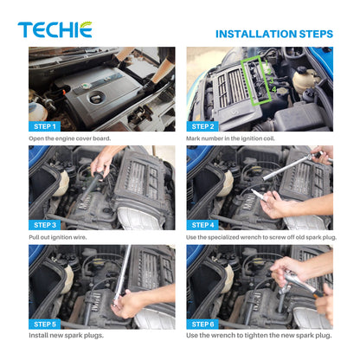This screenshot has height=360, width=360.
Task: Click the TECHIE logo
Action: (55, 29)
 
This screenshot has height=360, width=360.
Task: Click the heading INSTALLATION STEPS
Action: (274, 34)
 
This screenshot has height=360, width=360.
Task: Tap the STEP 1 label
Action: (45, 126)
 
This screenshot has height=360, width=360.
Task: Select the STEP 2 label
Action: (202, 126)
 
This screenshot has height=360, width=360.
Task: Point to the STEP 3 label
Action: (45, 225)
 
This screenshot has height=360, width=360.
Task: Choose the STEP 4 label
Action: (202, 225)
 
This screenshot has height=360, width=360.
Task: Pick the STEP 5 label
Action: (45, 325)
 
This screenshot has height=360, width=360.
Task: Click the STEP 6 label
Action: (202, 325)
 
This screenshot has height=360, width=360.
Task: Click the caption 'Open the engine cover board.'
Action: (69, 138)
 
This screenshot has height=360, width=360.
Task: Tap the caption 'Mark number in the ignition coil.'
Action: (230, 138)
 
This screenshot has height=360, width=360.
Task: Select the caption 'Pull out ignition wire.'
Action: (58, 237)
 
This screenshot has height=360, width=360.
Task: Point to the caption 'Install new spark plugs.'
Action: (66, 336)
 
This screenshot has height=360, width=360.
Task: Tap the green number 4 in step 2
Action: (273, 89)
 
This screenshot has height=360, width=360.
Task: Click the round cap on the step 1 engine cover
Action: (95, 98)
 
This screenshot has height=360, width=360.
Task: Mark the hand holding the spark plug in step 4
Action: (276, 204)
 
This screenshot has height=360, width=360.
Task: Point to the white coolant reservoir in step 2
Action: (304, 80)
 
